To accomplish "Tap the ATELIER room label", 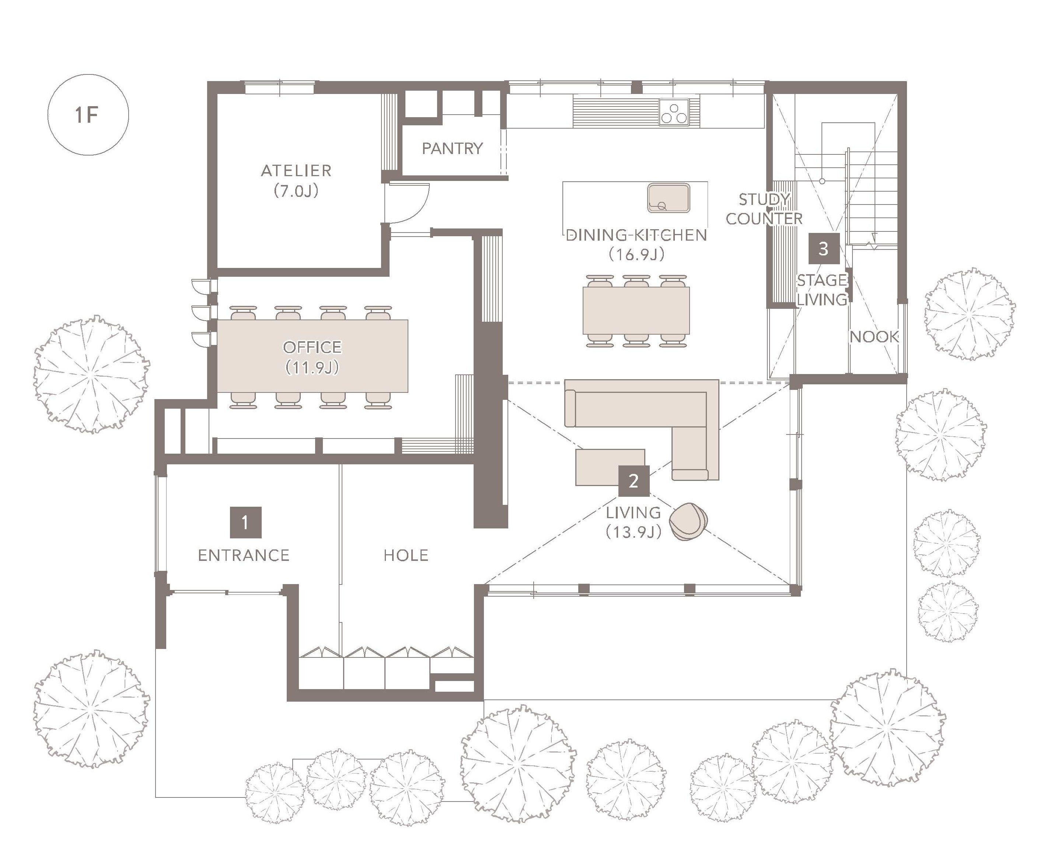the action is click(x=296, y=171).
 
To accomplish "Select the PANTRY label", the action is click(x=452, y=149).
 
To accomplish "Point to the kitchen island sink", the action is click(x=669, y=198).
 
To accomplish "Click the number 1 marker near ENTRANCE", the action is click(x=245, y=522).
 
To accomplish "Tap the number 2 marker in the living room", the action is click(x=634, y=481).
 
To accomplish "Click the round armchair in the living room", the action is click(x=688, y=521).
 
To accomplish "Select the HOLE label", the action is click(x=406, y=555).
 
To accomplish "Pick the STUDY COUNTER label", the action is click(x=764, y=209).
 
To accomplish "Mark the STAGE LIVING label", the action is click(x=822, y=290).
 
